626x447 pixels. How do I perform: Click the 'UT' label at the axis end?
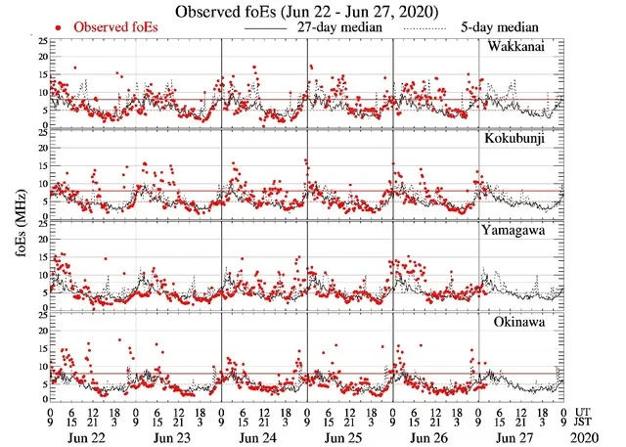[589, 412]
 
